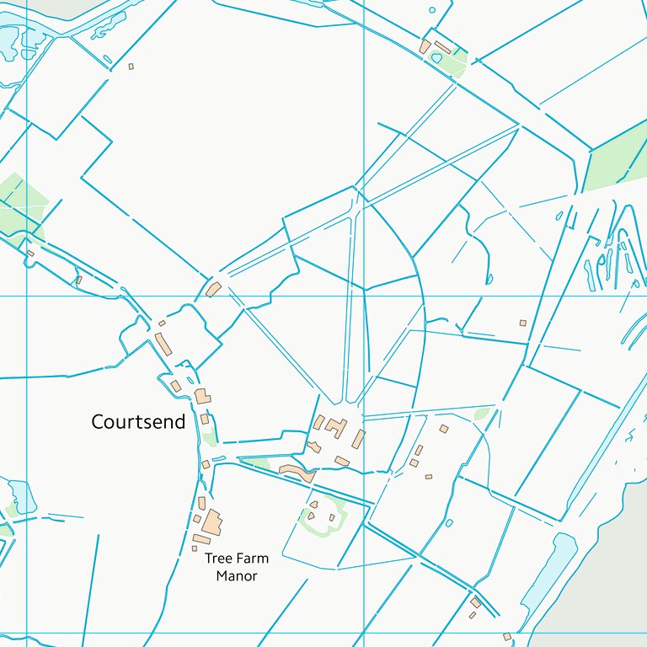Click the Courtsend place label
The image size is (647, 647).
tap(138, 422)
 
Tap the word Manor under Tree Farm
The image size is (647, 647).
tap(236, 576)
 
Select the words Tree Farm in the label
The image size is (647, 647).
tap(237, 558)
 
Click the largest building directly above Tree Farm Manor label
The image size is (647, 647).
tap(211, 522)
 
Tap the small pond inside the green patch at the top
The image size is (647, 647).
tap(436, 58)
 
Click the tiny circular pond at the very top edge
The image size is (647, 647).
tap(432, 10)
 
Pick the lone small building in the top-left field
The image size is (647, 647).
tap(131, 66)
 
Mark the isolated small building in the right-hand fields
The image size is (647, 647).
tap(522, 323)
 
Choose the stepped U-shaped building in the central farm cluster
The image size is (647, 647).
tap(335, 427)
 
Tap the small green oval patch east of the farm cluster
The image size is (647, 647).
tap(482, 414)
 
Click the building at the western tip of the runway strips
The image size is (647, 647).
tap(213, 290)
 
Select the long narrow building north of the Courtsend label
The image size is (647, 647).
tap(163, 344)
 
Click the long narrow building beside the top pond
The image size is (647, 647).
tap(443, 47)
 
